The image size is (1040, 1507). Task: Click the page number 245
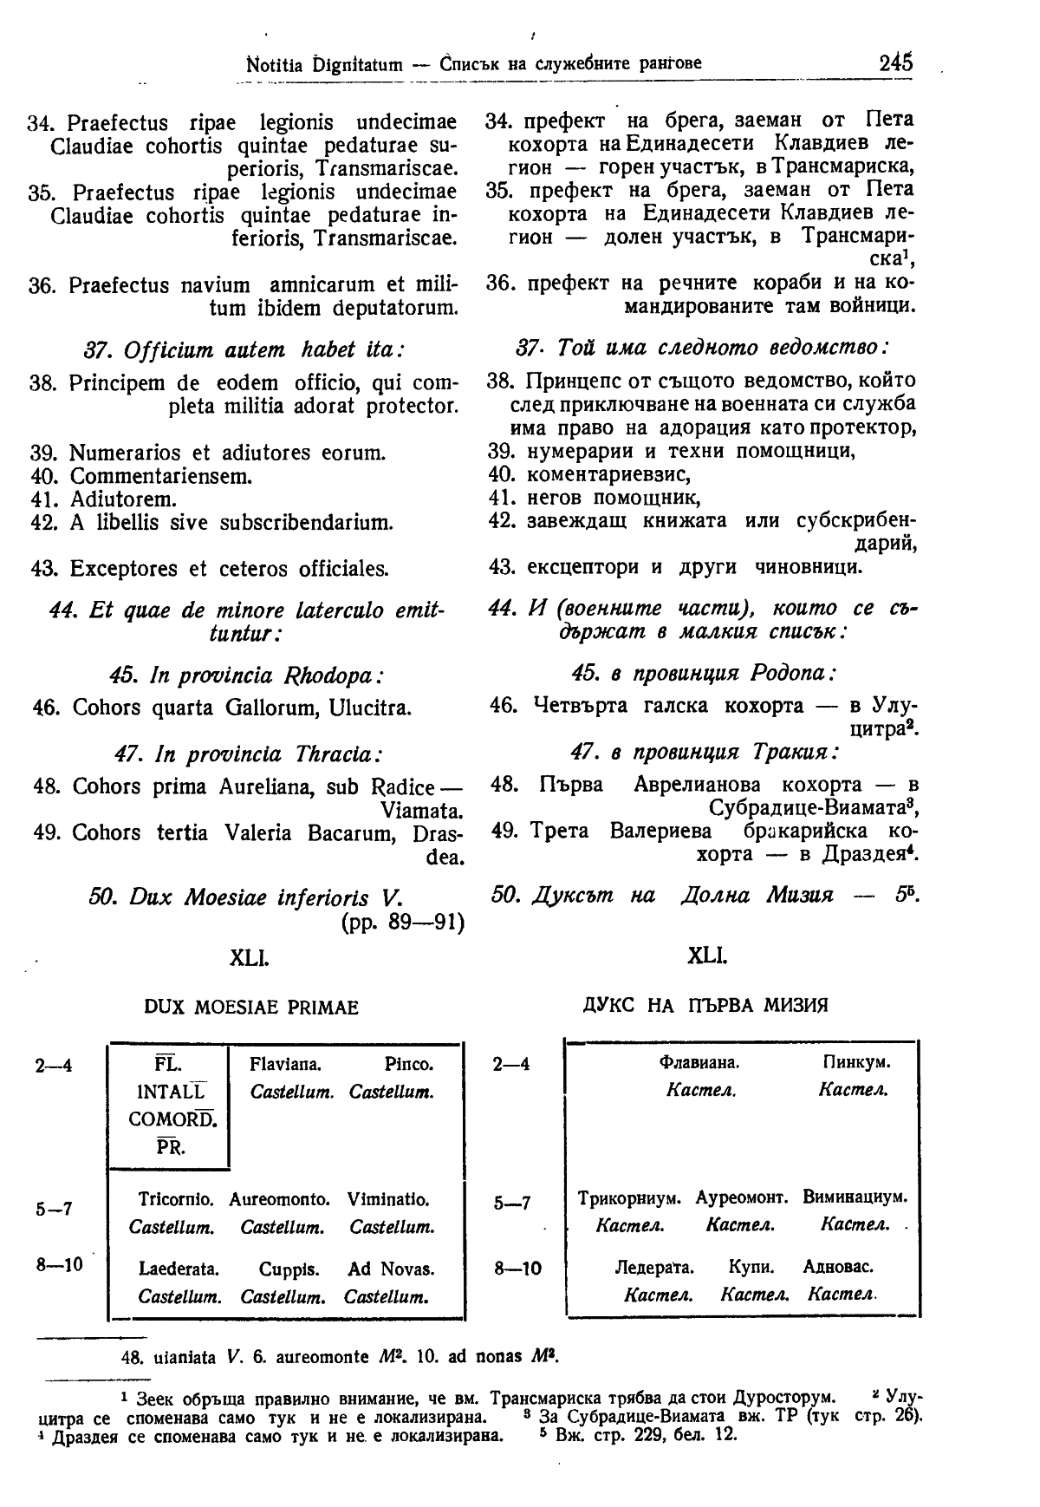pos(895,62)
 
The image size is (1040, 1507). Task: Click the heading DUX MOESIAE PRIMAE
pos(250,1008)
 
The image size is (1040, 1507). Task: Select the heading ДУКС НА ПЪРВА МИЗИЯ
pos(705,1005)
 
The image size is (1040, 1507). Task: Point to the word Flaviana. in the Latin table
pos(285,1064)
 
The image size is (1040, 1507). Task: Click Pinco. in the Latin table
pos(408,1064)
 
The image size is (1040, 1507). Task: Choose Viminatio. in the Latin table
pos(387,1200)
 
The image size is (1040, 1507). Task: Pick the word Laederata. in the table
pos(179,1269)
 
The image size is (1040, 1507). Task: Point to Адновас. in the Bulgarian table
pos(838,1268)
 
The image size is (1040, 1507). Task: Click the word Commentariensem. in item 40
pos(161,476)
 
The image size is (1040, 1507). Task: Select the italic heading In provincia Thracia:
pos(250,753)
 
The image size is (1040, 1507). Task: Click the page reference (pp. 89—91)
pos(403,921)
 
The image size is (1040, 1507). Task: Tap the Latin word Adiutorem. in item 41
pos(123,499)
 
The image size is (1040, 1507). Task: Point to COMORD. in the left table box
pos(172,1119)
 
